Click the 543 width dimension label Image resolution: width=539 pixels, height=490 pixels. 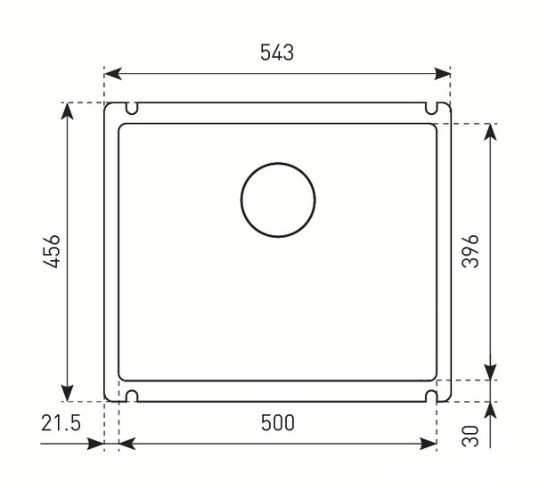point(277,53)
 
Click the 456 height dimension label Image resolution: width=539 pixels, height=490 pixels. point(52,251)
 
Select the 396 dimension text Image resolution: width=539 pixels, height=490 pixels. point(470,251)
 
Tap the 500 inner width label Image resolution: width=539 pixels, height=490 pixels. point(278,422)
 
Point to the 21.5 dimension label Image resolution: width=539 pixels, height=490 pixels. point(61,422)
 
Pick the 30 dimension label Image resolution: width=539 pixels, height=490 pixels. point(470,436)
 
